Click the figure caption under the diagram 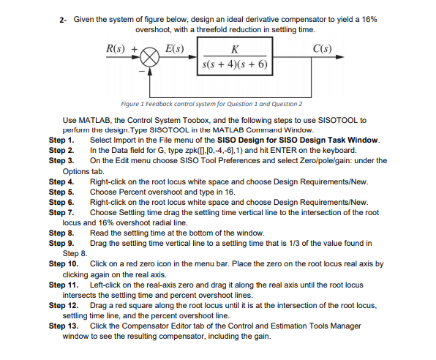coord(211,104)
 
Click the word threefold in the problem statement coord(230,29)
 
